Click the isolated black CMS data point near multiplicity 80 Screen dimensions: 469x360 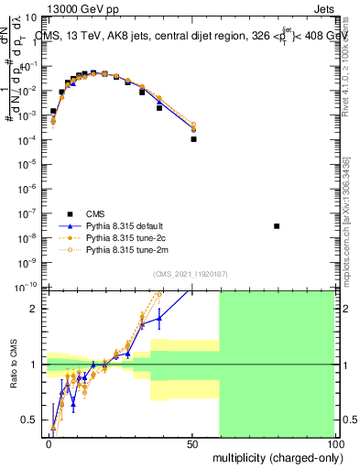[277, 225]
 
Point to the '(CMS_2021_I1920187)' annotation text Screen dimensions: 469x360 [191, 273]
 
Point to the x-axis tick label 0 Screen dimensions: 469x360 [49, 443]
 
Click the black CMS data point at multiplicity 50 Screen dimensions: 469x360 [193, 139]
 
